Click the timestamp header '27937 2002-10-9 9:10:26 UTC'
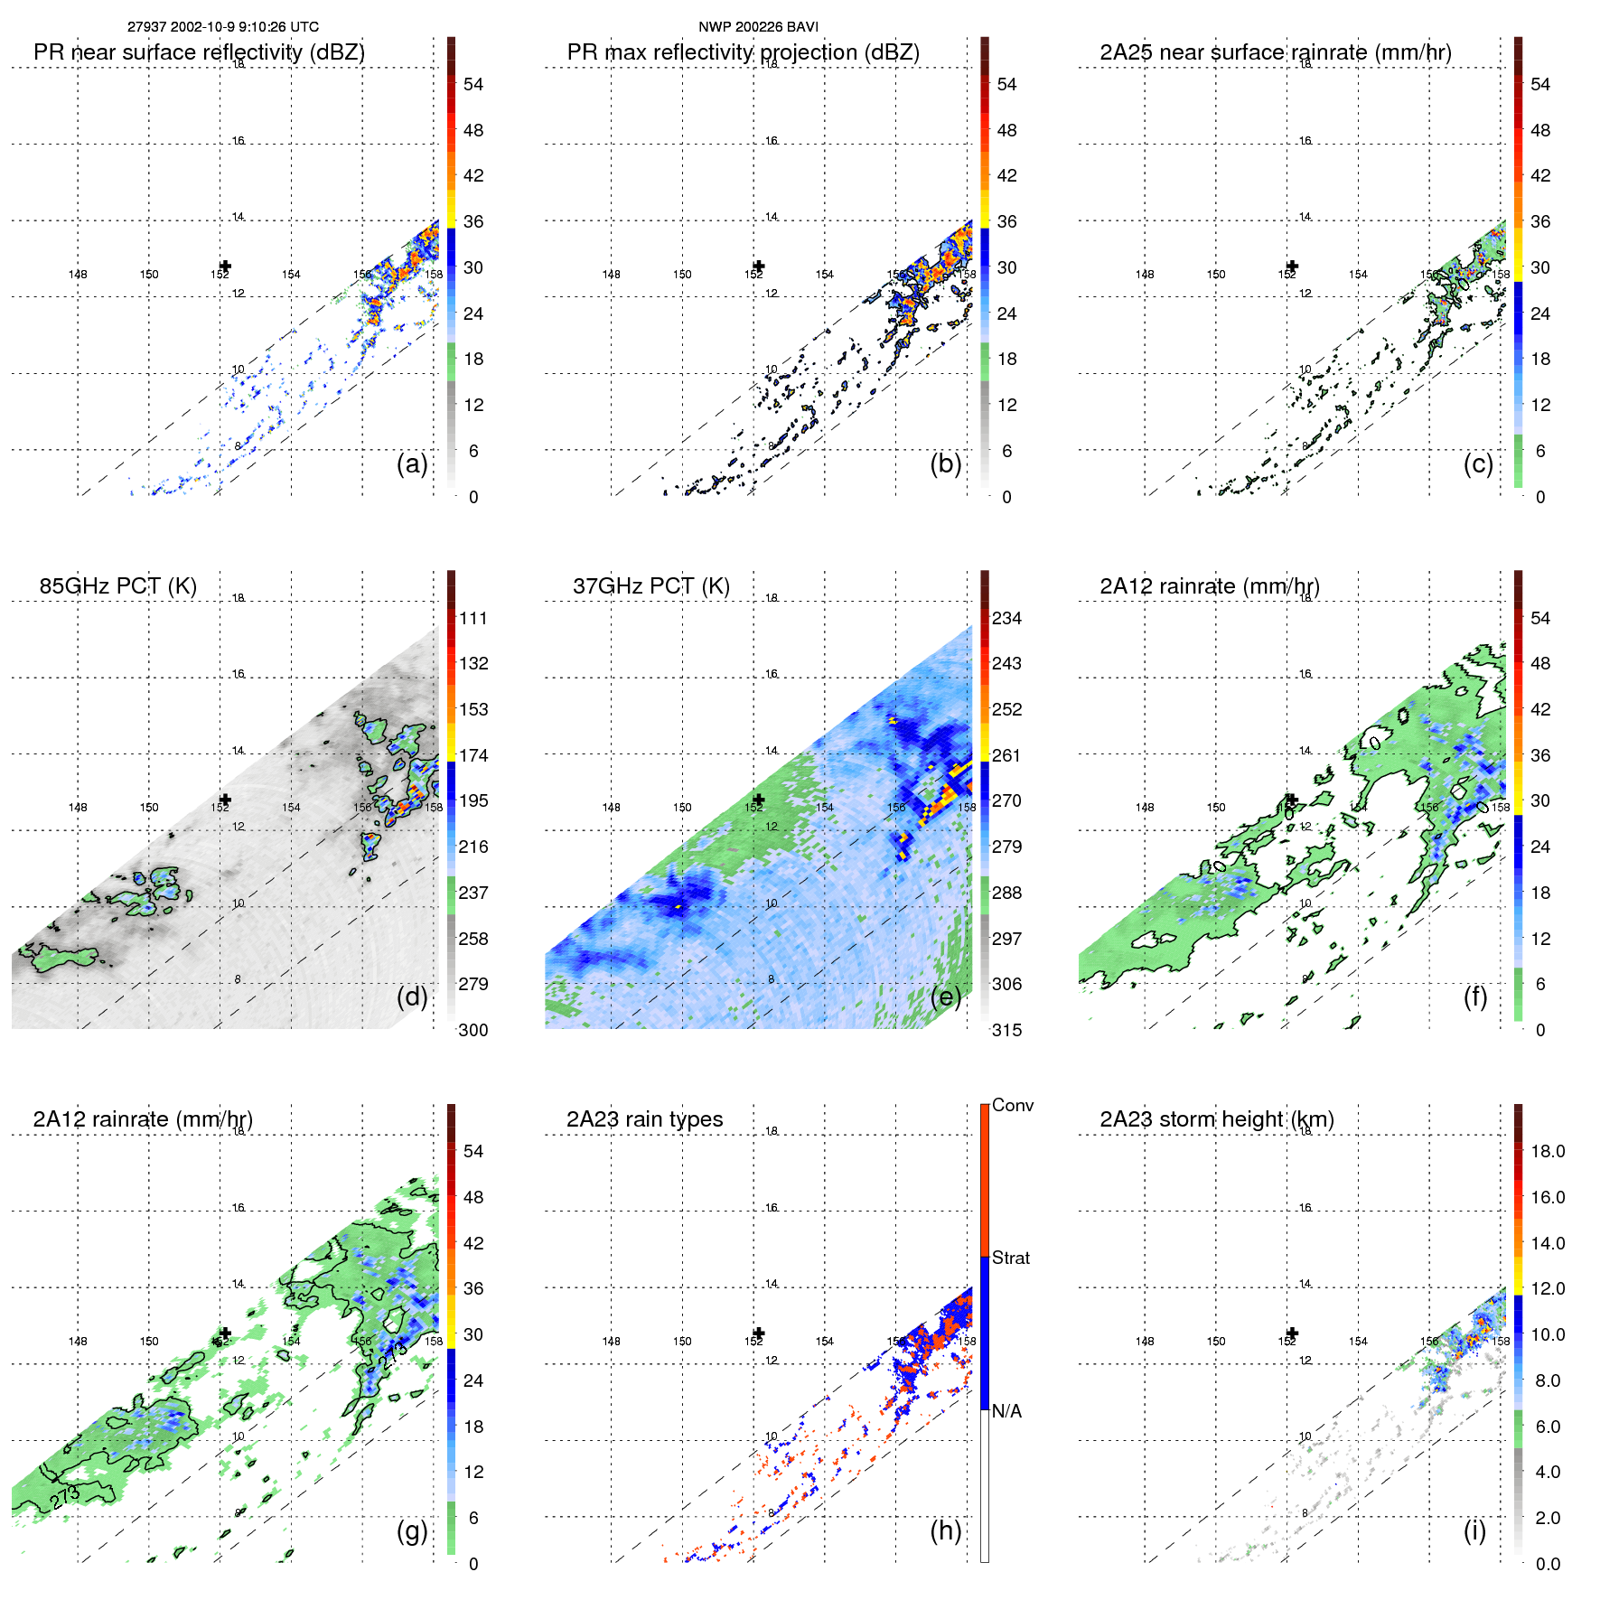point(222,27)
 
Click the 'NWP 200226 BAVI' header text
point(758,27)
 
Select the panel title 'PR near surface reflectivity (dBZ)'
point(199,52)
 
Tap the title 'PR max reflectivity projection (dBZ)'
point(743,52)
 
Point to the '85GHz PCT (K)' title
point(117,586)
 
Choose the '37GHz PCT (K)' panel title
point(650,586)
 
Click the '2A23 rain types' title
point(644,1119)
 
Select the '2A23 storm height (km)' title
point(1216,1119)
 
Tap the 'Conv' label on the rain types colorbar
point(1012,1106)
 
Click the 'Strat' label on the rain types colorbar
point(1010,1258)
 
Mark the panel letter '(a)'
point(412,464)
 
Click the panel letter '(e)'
point(945,997)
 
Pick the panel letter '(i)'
point(1474,1530)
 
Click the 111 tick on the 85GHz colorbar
point(473,619)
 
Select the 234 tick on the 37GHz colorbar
point(1006,619)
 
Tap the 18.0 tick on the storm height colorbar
point(1547,1152)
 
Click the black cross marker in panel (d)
point(225,800)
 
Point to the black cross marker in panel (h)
point(759,1333)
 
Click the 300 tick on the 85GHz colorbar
point(473,1031)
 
